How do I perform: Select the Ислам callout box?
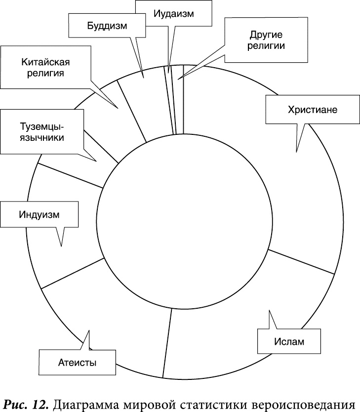click(x=289, y=341)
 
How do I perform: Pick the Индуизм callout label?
click(x=39, y=214)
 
